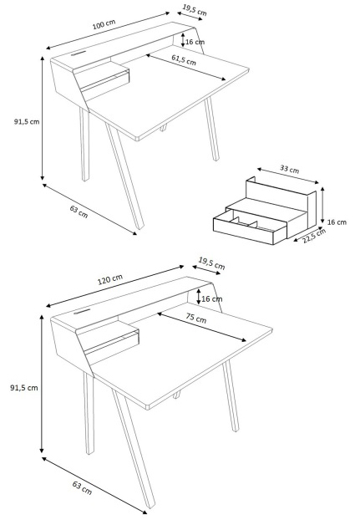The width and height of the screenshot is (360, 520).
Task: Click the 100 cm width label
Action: pyautogui.click(x=104, y=24)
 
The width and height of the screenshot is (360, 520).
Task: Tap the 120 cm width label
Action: pyautogui.click(x=110, y=279)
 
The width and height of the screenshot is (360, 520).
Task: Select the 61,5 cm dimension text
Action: pyautogui.click(x=184, y=59)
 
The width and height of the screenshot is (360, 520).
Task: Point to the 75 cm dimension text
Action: pyautogui.click(x=195, y=318)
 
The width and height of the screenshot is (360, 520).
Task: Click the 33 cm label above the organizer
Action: pyautogui.click(x=290, y=169)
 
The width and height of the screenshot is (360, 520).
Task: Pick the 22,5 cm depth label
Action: pyautogui.click(x=314, y=236)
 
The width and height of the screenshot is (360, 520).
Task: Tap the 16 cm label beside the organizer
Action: pyautogui.click(x=337, y=222)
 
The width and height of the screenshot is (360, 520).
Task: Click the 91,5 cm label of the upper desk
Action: pyautogui.click(x=27, y=121)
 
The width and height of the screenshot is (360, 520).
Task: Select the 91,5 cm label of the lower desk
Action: pyautogui.click(x=24, y=387)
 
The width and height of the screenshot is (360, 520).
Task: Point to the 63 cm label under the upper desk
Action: pyautogui.click(x=79, y=212)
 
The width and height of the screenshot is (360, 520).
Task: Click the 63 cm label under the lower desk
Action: pyautogui.click(x=82, y=488)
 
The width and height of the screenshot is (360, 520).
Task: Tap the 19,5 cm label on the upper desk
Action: pyautogui.click(x=195, y=10)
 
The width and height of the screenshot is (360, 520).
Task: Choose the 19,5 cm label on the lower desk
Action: pyautogui.click(x=211, y=263)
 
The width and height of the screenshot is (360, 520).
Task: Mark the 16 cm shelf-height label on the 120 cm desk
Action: pyautogui.click(x=211, y=298)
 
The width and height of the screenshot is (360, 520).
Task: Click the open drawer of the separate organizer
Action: pyautogui.click(x=250, y=227)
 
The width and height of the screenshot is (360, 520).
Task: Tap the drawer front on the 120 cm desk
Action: pyautogui.click(x=112, y=342)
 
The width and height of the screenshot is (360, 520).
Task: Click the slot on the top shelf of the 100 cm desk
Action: pyautogui.click(x=78, y=52)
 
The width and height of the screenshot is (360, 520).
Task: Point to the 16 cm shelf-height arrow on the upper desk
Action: pyautogui.click(x=183, y=39)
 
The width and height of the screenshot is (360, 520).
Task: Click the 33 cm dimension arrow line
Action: pyautogui.click(x=288, y=176)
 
